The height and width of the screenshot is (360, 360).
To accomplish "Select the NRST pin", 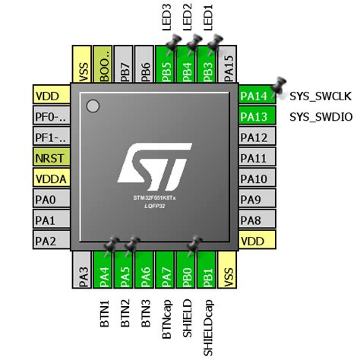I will click(x=51, y=158).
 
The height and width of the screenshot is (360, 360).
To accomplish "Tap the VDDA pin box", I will click(x=51, y=178).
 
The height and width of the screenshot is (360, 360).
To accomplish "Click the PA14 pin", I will click(x=254, y=96).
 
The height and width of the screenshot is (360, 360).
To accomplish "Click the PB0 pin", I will click(x=188, y=270).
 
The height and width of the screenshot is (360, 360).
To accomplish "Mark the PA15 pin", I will click(x=229, y=64).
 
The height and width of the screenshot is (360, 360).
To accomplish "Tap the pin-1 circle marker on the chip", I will click(x=93, y=105).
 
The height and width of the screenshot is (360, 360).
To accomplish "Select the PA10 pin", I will click(x=254, y=178).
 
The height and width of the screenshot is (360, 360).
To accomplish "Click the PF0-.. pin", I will click(x=51, y=116).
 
